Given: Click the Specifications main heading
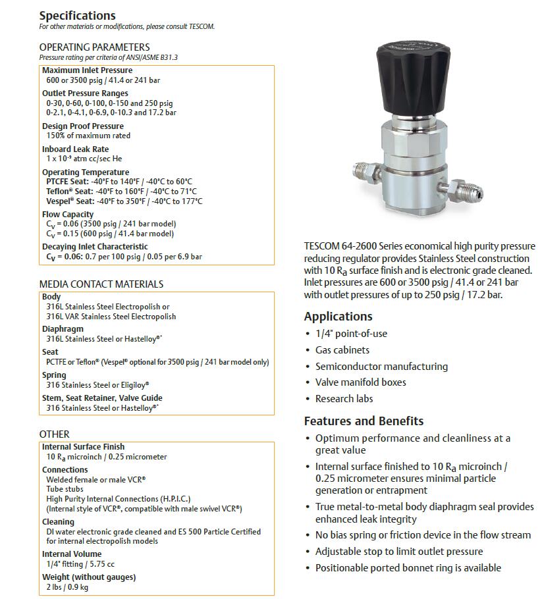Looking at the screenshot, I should (x=77, y=15).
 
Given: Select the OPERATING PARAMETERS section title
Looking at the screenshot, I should (x=94, y=47).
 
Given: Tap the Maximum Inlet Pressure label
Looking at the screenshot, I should (x=87, y=70).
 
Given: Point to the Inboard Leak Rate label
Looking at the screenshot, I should (x=75, y=149).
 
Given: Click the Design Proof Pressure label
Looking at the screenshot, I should (x=82, y=126).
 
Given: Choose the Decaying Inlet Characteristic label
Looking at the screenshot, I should (x=95, y=247).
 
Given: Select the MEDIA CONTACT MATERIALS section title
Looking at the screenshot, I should (x=101, y=284).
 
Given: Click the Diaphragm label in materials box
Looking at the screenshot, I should (x=63, y=329).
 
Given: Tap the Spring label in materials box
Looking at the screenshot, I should (x=54, y=375).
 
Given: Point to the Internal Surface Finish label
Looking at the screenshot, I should (x=83, y=447).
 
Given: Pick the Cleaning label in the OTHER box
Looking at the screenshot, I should (x=58, y=522).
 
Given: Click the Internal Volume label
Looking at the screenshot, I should (x=72, y=554).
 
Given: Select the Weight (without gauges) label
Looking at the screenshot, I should (x=89, y=577).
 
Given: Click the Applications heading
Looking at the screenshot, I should (x=338, y=316).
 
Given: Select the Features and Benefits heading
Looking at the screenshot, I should (x=364, y=421).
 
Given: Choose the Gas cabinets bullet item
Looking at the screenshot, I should (x=342, y=350).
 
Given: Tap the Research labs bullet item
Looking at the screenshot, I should (x=344, y=398).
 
